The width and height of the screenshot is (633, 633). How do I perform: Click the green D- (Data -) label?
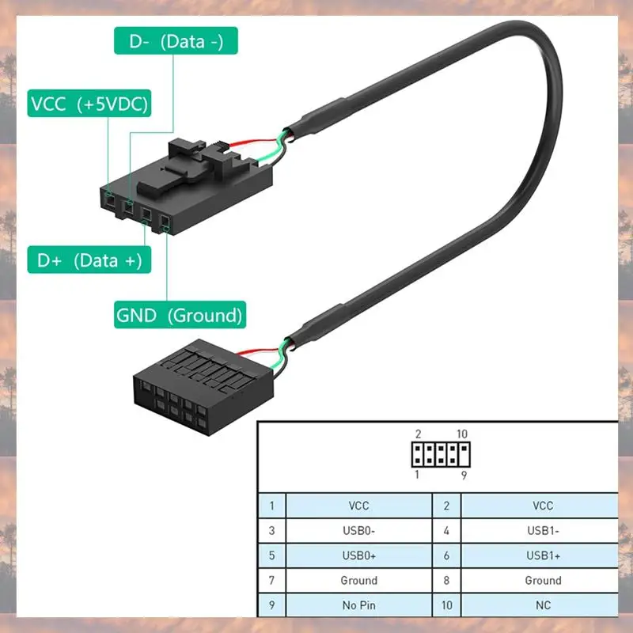176,41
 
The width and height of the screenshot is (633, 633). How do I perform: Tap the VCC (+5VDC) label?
89,104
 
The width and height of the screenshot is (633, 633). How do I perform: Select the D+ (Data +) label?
89,260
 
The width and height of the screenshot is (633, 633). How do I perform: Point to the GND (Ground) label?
179,315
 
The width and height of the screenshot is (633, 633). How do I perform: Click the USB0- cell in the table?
358,531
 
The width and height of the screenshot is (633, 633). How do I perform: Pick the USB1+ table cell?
543,555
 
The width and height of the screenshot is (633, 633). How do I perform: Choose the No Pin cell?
358,605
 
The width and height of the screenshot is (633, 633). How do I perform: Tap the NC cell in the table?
543,605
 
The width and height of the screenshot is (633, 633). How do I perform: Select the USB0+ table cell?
358,555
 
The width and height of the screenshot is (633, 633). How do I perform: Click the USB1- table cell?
543,531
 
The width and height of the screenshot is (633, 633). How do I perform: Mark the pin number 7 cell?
271,581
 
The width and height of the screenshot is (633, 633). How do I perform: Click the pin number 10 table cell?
446,605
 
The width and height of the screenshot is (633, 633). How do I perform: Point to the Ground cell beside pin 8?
543,581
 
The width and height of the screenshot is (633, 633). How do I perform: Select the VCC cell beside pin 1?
358,506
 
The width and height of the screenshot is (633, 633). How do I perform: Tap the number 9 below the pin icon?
464,476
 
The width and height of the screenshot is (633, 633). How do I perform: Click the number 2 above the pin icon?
417,434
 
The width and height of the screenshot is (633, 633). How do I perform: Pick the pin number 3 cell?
271,531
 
